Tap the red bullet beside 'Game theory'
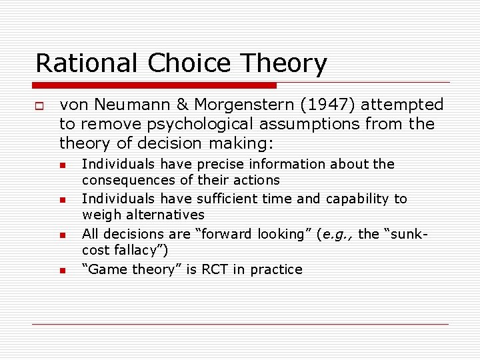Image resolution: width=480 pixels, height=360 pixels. tap(61, 271)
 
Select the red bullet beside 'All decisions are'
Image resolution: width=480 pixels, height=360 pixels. tap(61, 235)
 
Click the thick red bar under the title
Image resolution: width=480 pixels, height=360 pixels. tap(155, 85)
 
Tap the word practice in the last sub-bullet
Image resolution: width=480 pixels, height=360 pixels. tap(276, 269)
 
